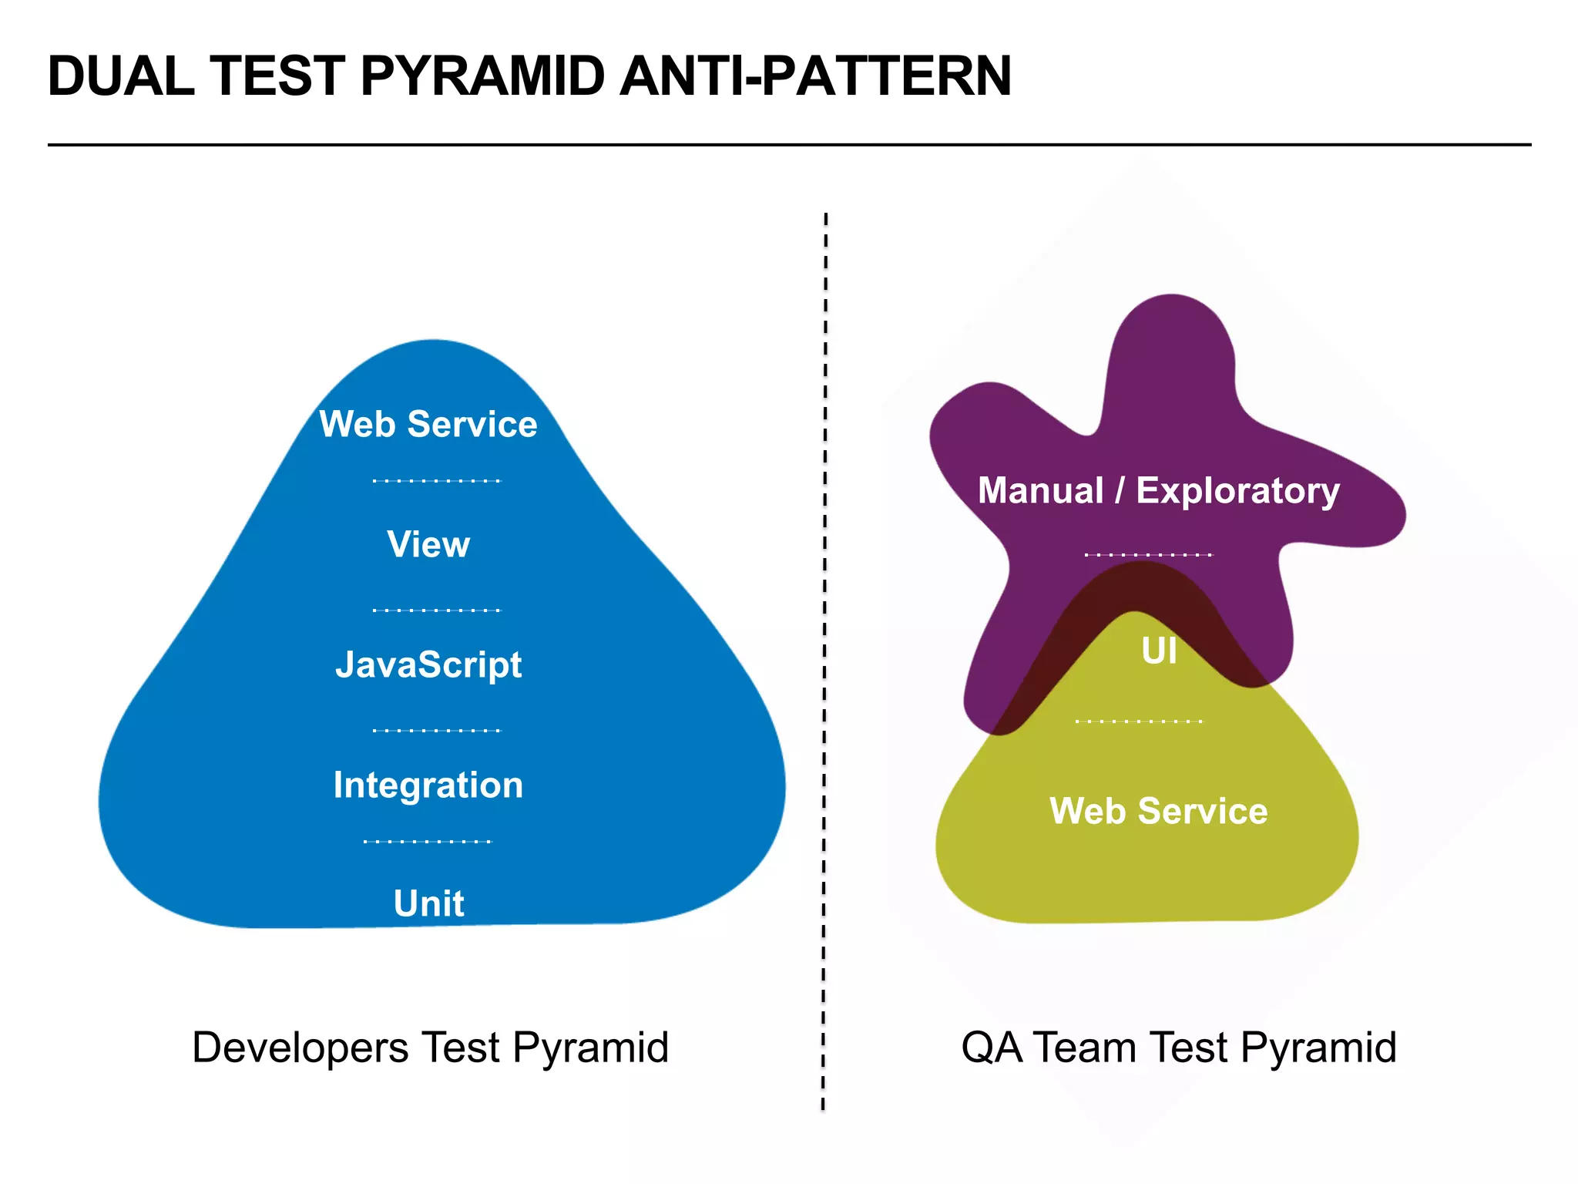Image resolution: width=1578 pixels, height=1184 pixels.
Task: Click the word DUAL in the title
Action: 121,76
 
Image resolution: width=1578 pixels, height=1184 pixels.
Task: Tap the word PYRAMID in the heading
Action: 482,76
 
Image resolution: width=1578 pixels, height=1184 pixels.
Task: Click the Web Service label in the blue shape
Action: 428,424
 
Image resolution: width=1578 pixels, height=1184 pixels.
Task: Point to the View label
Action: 428,544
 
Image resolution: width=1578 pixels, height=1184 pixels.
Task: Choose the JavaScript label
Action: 428,664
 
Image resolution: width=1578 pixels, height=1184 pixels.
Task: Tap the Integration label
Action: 428,785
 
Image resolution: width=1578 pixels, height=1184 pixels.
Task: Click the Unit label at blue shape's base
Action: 428,903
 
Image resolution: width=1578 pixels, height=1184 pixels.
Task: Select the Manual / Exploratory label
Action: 1159,490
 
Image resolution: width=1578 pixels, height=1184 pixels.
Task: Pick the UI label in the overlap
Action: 1159,651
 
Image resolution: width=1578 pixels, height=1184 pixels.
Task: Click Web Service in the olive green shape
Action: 1159,811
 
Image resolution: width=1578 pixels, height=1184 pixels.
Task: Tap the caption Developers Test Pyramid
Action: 430,1048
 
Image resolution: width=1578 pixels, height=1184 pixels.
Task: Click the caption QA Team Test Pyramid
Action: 1179,1048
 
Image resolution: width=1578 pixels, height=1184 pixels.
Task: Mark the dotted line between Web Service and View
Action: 437,481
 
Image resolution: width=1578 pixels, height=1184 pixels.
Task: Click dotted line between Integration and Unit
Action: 428,842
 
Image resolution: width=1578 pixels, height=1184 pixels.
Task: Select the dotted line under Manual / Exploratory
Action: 1148,555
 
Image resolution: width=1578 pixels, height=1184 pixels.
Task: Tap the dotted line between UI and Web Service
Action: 1139,721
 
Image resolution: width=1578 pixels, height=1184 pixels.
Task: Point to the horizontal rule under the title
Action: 789,144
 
